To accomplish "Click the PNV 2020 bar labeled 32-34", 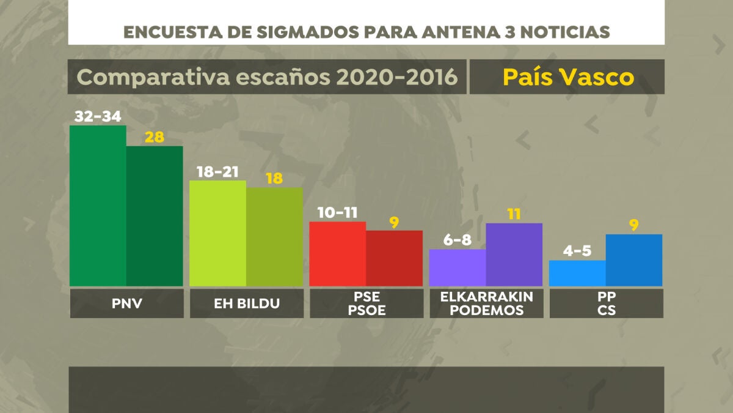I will pyautogui.click(x=98, y=206).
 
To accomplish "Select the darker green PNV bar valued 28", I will pyautogui.click(x=155, y=216).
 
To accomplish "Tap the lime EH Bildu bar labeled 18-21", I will pyautogui.click(x=218, y=233).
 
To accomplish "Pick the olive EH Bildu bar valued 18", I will pyautogui.click(x=274, y=237).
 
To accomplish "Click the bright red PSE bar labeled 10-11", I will pyautogui.click(x=338, y=254).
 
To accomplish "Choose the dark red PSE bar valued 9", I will pyautogui.click(x=394, y=258).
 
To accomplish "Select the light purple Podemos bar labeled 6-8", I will pyautogui.click(x=458, y=267).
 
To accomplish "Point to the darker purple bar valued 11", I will pyautogui.click(x=514, y=255).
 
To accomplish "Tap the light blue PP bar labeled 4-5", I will pyautogui.click(x=577, y=273).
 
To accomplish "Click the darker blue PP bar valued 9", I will pyautogui.click(x=633, y=260).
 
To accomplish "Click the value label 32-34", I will pyautogui.click(x=98, y=116).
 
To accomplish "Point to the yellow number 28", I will pyautogui.click(x=155, y=137).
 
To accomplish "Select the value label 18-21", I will pyautogui.click(x=217, y=171).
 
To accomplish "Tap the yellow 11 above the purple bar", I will pyautogui.click(x=514, y=214).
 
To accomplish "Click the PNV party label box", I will pyautogui.click(x=126, y=303).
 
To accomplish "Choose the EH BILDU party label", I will pyautogui.click(x=246, y=303).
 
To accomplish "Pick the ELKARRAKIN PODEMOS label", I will pyautogui.click(x=486, y=303).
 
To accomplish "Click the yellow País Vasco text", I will pyautogui.click(x=568, y=77).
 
